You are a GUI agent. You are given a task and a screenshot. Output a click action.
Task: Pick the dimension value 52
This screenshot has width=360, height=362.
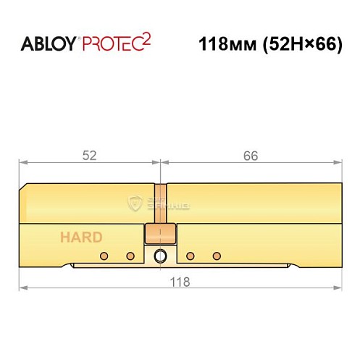90,156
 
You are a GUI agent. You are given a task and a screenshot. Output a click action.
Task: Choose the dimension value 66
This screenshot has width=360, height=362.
251,156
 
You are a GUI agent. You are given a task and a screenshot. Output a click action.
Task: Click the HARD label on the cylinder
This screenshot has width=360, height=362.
81,237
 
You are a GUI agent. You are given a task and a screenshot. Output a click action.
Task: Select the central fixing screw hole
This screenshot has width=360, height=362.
161,256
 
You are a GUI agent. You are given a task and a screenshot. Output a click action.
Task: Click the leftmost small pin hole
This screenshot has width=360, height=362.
104,256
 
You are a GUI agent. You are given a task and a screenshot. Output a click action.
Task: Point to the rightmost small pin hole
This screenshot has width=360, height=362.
216,256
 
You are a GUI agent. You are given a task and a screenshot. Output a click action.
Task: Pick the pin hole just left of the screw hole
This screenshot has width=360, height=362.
130,256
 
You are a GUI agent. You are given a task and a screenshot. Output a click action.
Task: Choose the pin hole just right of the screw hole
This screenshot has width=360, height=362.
191,256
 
